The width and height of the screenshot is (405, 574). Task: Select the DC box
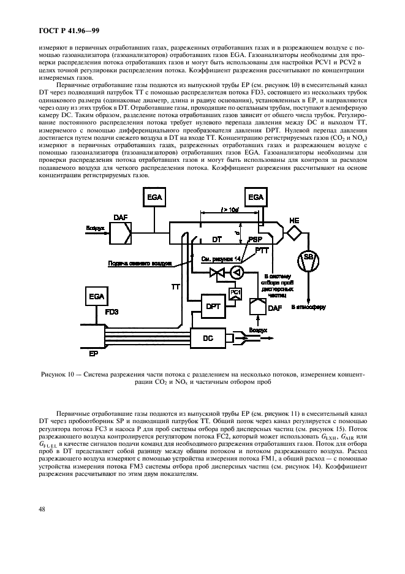click(208, 336)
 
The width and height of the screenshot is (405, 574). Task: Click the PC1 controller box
click(235, 293)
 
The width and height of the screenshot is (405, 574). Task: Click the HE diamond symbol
click(295, 232)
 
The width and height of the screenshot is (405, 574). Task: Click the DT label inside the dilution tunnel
click(217, 240)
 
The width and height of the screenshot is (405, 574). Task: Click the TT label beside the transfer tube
click(176, 286)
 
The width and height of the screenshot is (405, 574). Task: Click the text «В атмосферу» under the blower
click(305, 305)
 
